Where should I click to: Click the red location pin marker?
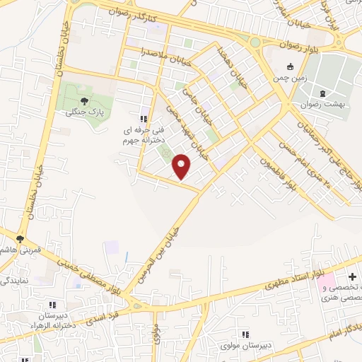(182, 166)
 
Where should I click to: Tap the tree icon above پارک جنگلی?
(85, 101)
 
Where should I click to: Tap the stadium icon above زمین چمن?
(289, 67)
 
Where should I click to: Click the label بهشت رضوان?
(323, 105)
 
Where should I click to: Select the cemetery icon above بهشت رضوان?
(323, 93)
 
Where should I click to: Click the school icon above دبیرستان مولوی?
(245, 334)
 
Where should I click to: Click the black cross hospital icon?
(353, 277)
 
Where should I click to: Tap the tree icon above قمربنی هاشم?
(21, 239)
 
